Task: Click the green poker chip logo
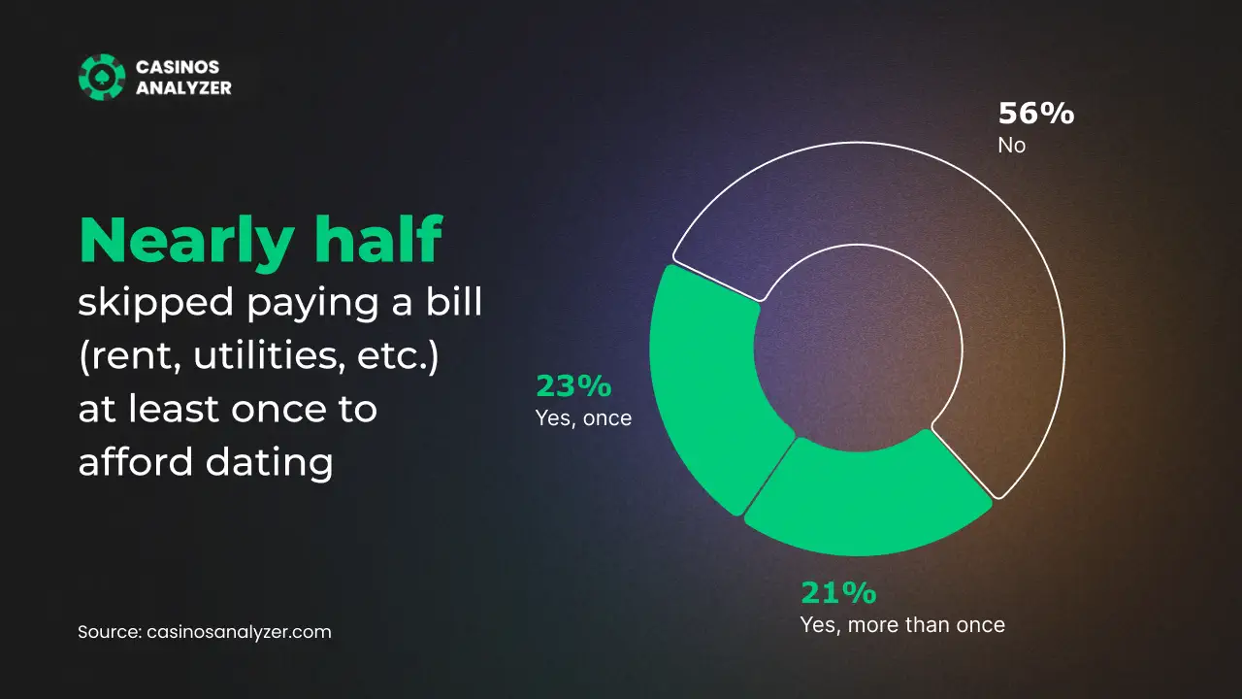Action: click(x=102, y=77)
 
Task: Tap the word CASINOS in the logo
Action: click(x=178, y=67)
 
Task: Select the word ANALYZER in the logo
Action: click(x=183, y=87)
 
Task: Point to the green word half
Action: click(x=378, y=239)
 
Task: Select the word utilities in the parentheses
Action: click(x=266, y=354)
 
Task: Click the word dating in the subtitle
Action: click(x=270, y=461)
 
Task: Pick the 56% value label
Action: click(x=1036, y=114)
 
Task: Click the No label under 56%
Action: click(x=1012, y=146)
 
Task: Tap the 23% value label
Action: click(x=573, y=386)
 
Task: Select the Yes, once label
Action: click(x=583, y=418)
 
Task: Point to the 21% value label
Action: click(x=839, y=592)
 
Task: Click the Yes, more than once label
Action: click(x=902, y=625)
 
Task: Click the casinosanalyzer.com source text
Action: click(x=239, y=632)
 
